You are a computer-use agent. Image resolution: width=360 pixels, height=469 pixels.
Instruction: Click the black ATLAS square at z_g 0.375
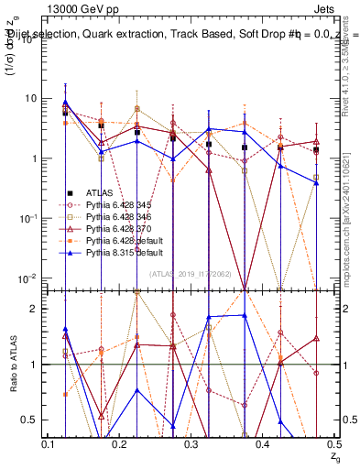(245, 147)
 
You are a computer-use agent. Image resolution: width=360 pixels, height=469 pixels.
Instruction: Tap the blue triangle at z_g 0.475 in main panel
(316, 183)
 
